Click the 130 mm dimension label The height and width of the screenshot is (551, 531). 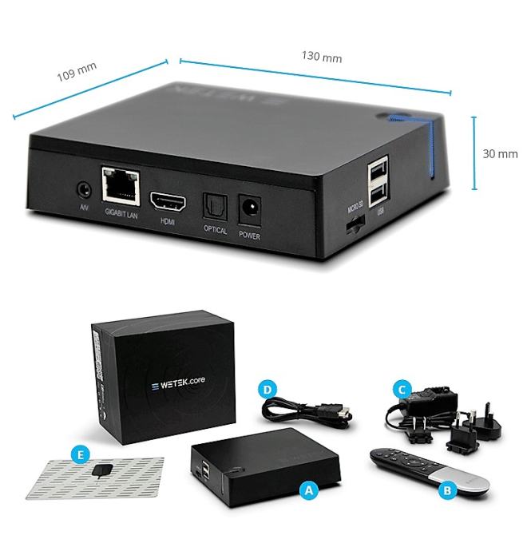pyautogui.click(x=322, y=57)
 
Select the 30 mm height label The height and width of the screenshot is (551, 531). pyautogui.click(x=502, y=153)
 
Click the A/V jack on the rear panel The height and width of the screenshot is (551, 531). pyautogui.click(x=83, y=190)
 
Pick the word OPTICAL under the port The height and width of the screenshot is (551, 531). pyautogui.click(x=216, y=231)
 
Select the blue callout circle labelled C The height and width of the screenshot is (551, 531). pyautogui.click(x=404, y=390)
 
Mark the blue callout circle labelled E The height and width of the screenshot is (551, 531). pyautogui.click(x=78, y=455)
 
